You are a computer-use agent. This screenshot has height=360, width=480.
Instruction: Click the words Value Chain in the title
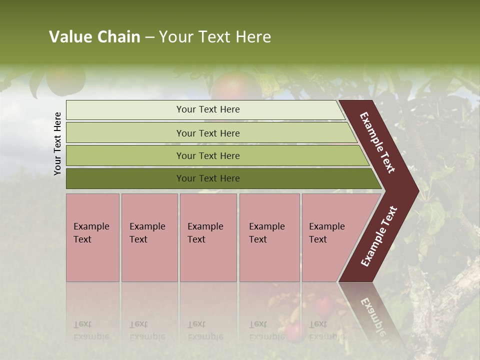click(x=94, y=37)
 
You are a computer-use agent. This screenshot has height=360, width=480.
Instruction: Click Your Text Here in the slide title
click(x=215, y=37)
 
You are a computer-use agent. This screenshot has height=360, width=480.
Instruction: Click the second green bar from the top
click(x=208, y=133)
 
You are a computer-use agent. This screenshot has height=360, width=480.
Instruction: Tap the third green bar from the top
click(x=208, y=155)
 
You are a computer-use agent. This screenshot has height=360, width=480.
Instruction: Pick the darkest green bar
click(x=208, y=178)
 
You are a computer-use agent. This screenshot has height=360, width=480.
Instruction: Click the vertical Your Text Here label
click(x=57, y=143)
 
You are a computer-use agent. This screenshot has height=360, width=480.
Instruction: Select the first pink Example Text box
click(x=92, y=237)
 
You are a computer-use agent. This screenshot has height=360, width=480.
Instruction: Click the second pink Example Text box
click(x=149, y=237)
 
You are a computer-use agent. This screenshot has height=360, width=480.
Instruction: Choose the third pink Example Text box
click(x=208, y=237)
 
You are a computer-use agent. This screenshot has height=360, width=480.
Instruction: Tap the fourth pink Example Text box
click(x=269, y=237)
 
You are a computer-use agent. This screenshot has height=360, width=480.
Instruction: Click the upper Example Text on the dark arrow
click(x=377, y=142)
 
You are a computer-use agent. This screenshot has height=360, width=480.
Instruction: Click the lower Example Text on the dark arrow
click(x=379, y=236)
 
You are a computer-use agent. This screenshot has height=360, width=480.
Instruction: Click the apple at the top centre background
click(x=232, y=85)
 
